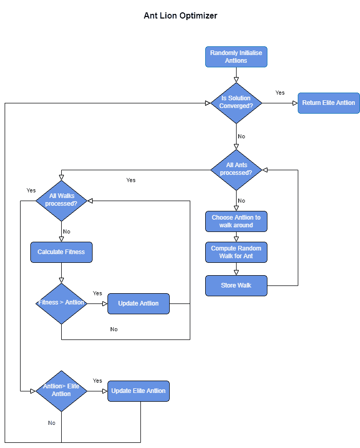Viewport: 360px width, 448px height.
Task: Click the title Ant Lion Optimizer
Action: point(181,15)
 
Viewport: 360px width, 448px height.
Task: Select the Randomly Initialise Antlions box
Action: point(236,57)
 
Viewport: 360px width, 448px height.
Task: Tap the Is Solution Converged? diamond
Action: point(236,103)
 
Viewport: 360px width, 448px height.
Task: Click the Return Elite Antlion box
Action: point(328,103)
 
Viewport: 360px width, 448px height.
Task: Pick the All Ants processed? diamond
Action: point(236,169)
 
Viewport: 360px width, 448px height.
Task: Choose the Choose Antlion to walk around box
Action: point(236,221)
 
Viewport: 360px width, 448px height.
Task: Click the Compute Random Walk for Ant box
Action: point(236,252)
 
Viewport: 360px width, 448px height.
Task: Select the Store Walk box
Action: point(236,285)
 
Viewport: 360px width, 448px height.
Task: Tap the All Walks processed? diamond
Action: point(61,200)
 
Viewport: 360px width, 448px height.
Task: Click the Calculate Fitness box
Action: point(61,252)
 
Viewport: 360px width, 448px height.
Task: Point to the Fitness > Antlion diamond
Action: point(61,303)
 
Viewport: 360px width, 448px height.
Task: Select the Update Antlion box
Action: point(138,303)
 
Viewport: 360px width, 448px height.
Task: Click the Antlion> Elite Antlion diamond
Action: point(61,391)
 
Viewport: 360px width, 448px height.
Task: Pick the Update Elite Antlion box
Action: point(138,391)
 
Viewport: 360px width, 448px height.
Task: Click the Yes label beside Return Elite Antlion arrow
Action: point(280,93)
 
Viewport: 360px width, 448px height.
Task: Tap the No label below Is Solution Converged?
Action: point(242,137)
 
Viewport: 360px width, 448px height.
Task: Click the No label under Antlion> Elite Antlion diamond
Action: point(52,423)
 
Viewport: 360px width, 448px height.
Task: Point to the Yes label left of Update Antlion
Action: point(97,293)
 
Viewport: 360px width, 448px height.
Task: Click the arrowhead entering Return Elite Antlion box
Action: point(295,103)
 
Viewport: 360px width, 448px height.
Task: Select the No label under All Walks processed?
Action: point(67,232)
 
